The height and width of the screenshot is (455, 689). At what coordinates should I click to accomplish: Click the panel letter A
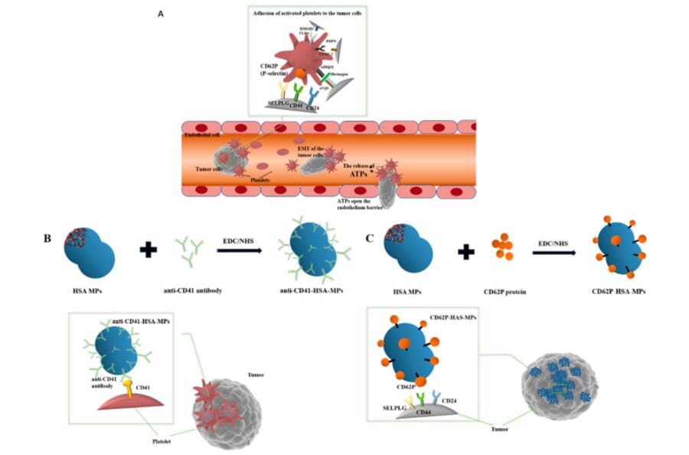(x=161, y=14)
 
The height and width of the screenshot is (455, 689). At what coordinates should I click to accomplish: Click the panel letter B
(x=48, y=237)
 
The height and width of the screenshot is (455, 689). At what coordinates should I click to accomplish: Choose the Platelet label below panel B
(x=162, y=441)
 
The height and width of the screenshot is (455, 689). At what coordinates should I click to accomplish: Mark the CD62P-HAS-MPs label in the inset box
(x=450, y=316)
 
